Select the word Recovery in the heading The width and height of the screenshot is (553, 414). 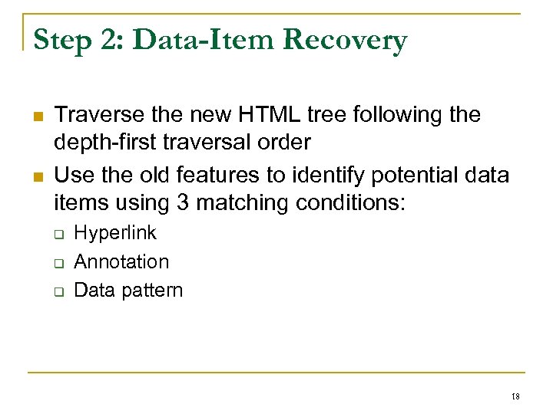pos(344,40)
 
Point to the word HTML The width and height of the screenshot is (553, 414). pos(259,115)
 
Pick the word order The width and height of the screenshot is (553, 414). pos(286,142)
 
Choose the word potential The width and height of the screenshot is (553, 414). pos(412,176)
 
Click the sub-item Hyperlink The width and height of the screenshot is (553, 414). pos(114,232)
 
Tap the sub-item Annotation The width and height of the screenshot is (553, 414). pos(121,261)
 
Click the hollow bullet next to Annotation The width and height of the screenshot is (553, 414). pos(58,263)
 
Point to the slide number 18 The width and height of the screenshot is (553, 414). pos(515,396)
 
